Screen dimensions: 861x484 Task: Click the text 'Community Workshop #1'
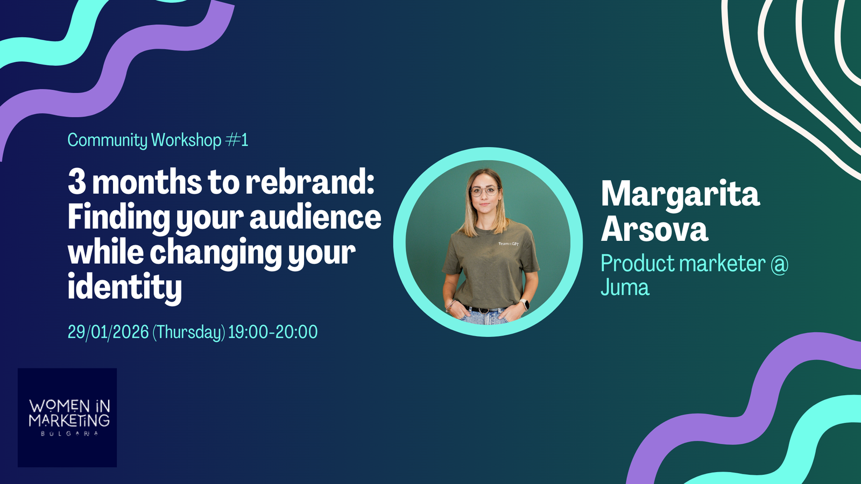(158, 140)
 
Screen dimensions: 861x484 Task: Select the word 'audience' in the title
(315, 217)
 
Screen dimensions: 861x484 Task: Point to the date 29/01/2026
(108, 332)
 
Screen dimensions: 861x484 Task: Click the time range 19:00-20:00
(273, 332)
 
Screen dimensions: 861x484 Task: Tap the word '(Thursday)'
(189, 332)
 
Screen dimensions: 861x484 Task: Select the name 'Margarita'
(680, 194)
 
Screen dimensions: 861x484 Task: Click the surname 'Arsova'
(654, 229)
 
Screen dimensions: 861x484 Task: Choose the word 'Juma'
(625, 287)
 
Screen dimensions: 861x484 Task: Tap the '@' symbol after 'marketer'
(780, 264)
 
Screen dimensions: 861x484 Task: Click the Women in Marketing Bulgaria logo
(67, 417)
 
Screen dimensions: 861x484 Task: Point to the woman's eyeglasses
(485, 191)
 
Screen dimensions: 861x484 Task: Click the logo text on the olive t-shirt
(508, 244)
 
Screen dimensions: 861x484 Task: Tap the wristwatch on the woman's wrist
(524, 304)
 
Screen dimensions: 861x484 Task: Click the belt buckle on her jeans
(484, 310)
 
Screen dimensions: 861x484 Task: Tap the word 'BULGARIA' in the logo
(69, 433)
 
